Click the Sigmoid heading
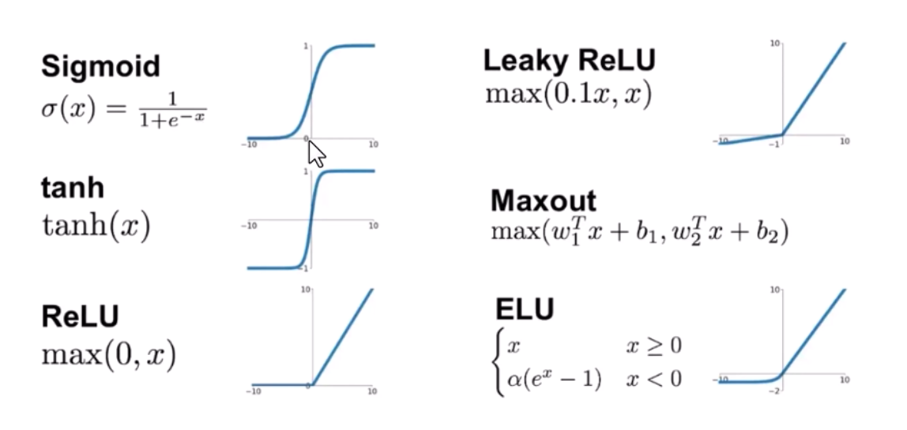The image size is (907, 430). point(100,66)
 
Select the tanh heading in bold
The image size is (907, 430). point(73,189)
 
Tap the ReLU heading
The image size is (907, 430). point(80,316)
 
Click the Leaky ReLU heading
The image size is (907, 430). point(569,60)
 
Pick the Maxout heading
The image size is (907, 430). point(544,200)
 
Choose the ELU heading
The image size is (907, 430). point(524,309)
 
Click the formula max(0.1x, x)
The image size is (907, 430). point(569,95)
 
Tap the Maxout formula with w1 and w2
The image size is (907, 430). point(639,233)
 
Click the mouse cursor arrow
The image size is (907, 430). point(314,152)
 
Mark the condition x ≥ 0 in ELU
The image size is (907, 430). point(653,346)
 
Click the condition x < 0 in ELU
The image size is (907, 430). point(653,379)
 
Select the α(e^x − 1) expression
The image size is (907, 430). point(554,379)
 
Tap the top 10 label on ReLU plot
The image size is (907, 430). point(305,290)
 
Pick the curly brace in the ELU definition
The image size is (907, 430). point(497,362)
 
